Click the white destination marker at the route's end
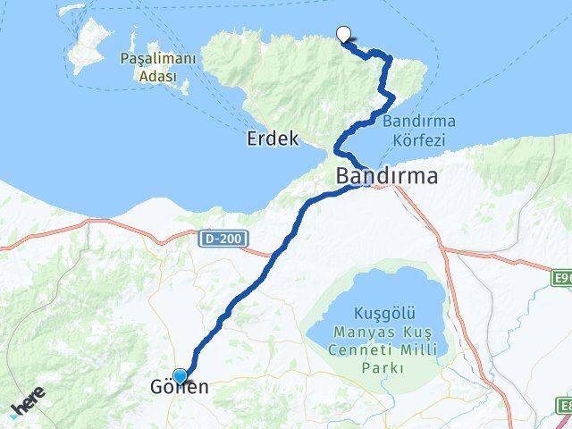(342, 35)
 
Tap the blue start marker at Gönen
(181, 377)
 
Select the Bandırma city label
(387, 176)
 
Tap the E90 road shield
(562, 279)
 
